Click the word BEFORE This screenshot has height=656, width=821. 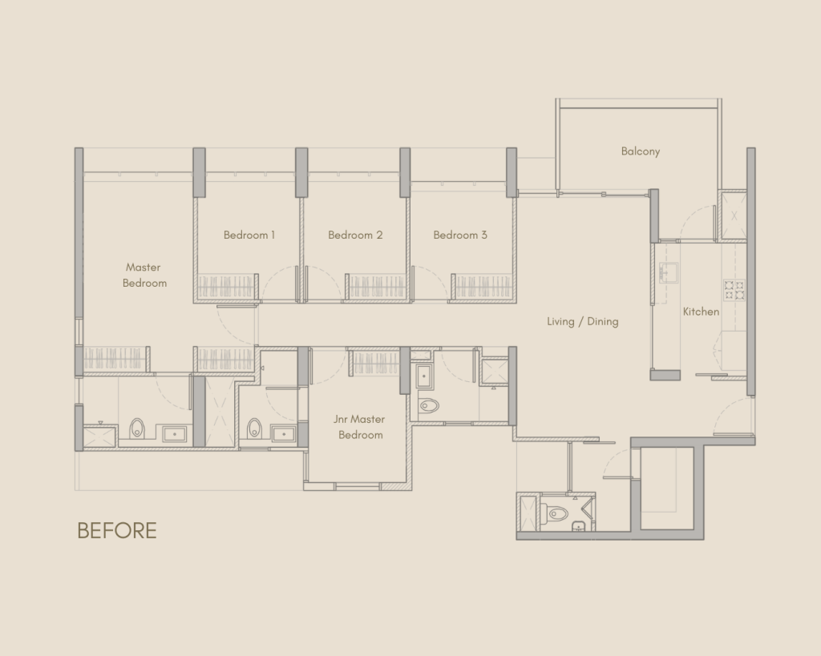click(x=117, y=530)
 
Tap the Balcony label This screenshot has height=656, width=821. click(x=641, y=151)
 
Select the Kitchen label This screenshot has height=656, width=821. click(x=701, y=312)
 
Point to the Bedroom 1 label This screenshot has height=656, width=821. click(x=249, y=235)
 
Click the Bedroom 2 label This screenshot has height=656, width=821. click(x=355, y=235)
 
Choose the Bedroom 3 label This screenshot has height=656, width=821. click(x=460, y=235)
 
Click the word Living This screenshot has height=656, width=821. click(x=560, y=322)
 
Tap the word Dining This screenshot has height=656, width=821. click(x=603, y=322)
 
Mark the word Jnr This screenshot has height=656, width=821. click(x=340, y=419)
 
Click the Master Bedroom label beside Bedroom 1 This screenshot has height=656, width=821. click(x=144, y=276)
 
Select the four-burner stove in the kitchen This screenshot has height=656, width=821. click(x=734, y=290)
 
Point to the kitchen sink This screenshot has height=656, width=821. click(x=669, y=272)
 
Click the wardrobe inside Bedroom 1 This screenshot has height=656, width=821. click(x=226, y=288)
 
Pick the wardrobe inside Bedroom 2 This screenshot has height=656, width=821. click(x=377, y=288)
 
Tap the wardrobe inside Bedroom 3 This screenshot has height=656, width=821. click(x=483, y=288)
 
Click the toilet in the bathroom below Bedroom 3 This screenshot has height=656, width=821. click(x=429, y=405)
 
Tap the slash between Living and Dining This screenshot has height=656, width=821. click(x=581, y=322)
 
